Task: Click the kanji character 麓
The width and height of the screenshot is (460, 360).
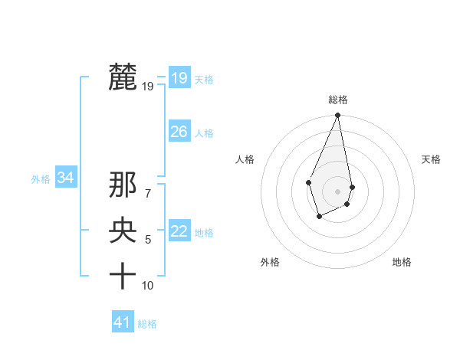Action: pyautogui.click(x=123, y=77)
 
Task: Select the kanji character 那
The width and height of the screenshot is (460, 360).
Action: pyautogui.click(x=123, y=185)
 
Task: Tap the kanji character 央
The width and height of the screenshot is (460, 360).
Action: pyautogui.click(x=123, y=231)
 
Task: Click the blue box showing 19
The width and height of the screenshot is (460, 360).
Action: pyautogui.click(x=179, y=77)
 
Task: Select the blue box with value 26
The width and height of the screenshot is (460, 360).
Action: pyautogui.click(x=179, y=132)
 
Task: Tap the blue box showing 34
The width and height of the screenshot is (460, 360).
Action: pyautogui.click(x=66, y=178)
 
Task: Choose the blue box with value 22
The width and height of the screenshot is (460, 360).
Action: pyautogui.click(x=179, y=231)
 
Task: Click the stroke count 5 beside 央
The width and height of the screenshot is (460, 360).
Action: pyautogui.click(x=148, y=240)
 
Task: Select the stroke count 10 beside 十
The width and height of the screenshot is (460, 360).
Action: pyautogui.click(x=148, y=286)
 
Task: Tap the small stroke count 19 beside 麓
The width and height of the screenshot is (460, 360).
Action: pyautogui.click(x=148, y=87)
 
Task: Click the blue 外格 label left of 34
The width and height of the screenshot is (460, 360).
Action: pyautogui.click(x=41, y=179)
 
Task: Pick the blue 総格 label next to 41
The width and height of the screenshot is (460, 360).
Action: pyautogui.click(x=147, y=324)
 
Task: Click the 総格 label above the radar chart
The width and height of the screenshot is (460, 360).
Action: pyautogui.click(x=337, y=100)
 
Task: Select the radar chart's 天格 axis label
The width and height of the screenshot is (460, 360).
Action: pyautogui.click(x=431, y=159)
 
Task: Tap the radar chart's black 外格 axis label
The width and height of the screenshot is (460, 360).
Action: pyautogui.click(x=269, y=262)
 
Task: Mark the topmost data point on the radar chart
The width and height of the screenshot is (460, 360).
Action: pyautogui.click(x=337, y=116)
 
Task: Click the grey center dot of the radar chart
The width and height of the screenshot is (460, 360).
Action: pyautogui.click(x=337, y=190)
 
